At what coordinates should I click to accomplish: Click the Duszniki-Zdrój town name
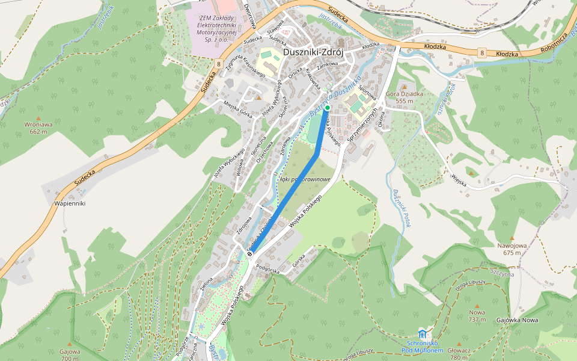313,52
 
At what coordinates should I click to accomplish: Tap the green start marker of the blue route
328,108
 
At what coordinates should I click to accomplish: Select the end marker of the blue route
249,253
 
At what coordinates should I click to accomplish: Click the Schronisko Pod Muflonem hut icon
422,334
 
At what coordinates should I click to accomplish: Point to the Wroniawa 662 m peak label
38,128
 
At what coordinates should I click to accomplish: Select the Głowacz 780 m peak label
459,353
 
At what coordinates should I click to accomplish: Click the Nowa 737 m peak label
477,316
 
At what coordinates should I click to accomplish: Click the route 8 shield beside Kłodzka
482,54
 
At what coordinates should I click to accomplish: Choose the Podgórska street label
268,271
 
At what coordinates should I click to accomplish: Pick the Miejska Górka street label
237,106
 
